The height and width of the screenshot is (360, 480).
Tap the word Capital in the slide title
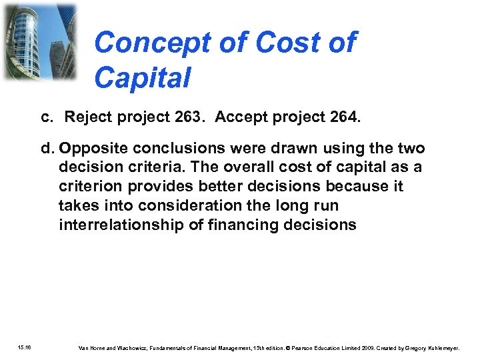click(x=142, y=77)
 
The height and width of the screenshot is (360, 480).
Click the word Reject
click(x=88, y=118)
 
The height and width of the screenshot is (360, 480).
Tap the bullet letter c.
click(x=46, y=118)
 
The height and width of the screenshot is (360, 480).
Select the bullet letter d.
click(x=47, y=148)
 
